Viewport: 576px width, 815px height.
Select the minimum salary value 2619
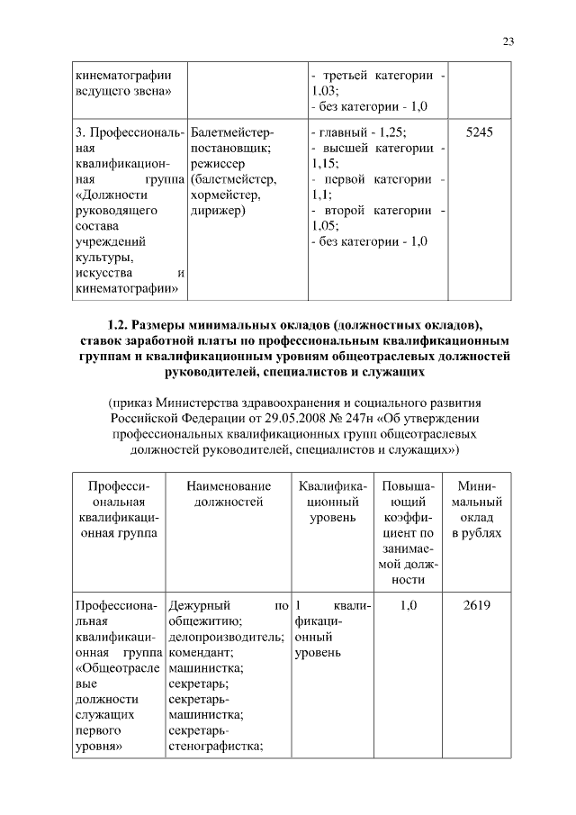(x=476, y=606)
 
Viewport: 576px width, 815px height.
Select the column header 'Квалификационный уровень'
(x=332, y=502)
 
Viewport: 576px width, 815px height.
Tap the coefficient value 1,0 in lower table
(x=408, y=606)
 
